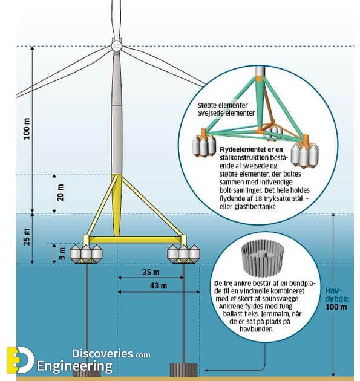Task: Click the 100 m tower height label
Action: coord(27,129)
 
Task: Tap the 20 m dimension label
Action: coord(61,192)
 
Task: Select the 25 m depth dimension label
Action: coord(27,237)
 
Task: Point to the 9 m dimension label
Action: coord(62,253)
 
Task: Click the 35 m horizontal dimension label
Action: coord(151,272)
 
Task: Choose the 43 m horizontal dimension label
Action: coord(159,285)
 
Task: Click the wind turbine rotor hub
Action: coord(116,46)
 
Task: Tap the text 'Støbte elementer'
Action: coord(223,105)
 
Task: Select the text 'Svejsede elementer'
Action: coord(226,113)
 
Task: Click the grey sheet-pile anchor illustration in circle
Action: coord(263,259)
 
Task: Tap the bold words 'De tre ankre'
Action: coord(232,284)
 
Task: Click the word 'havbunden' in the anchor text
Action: coord(257,329)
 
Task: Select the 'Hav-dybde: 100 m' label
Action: coord(336,299)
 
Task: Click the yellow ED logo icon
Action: coord(20,360)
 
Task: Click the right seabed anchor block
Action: coord(183,370)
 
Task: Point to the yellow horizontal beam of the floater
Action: coord(135,240)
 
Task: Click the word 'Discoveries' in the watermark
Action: coord(103,354)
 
